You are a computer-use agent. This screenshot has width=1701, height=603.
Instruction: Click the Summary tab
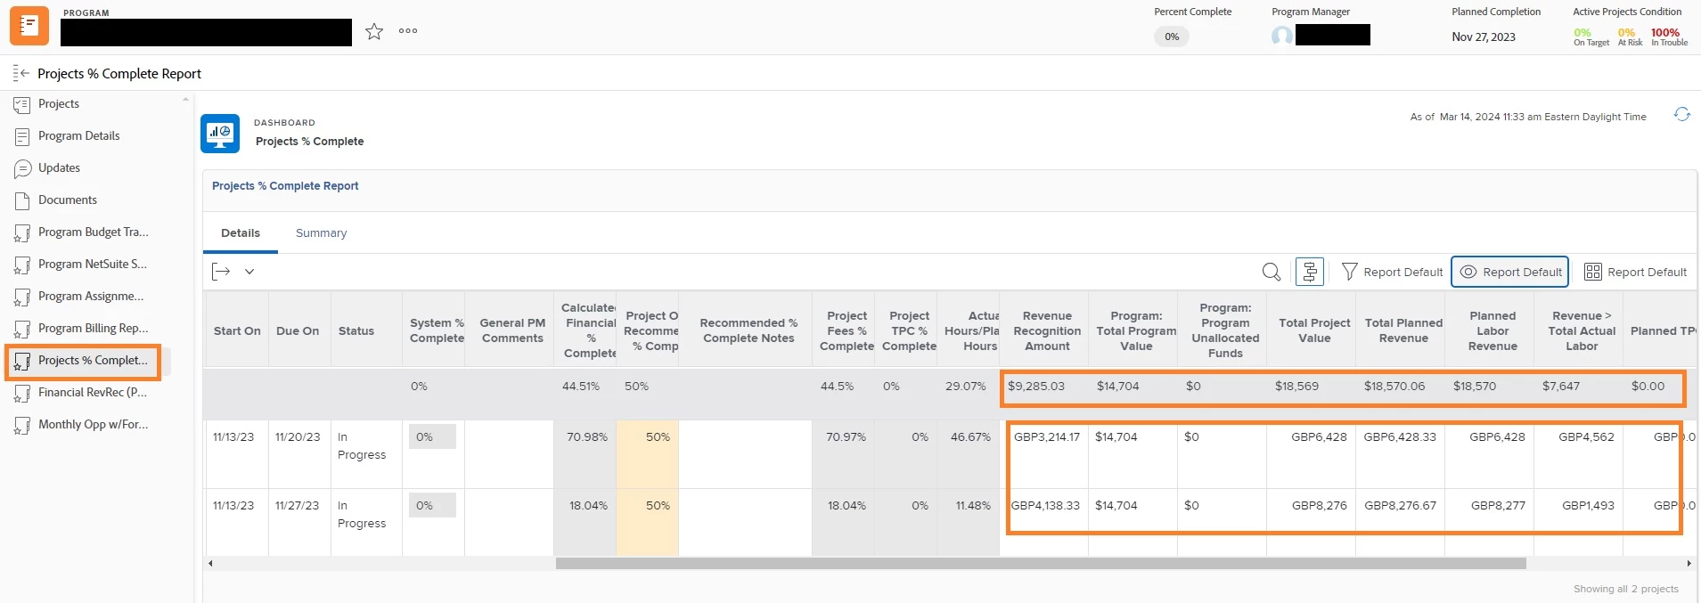point(321,233)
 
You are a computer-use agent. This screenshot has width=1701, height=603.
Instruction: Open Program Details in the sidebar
point(78,136)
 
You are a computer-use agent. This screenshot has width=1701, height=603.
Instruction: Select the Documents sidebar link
point(67,200)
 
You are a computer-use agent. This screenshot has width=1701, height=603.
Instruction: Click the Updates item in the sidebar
point(59,168)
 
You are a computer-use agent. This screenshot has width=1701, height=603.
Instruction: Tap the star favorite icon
point(374,32)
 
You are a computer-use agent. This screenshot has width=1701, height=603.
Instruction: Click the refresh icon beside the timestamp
point(1681,115)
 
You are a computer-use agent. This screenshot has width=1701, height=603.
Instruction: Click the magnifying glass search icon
point(1271,273)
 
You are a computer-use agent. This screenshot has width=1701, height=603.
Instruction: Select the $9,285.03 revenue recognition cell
point(1035,387)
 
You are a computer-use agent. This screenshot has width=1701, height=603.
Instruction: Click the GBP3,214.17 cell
point(1046,437)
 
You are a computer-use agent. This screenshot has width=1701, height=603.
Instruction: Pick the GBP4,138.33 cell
point(1045,506)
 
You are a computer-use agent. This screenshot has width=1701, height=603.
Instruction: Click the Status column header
point(356,331)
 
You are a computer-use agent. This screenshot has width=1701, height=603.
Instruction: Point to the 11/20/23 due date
point(297,437)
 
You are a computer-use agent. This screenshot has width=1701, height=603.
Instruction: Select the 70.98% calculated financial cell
point(586,437)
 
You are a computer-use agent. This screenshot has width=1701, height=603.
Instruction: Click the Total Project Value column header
point(1313,330)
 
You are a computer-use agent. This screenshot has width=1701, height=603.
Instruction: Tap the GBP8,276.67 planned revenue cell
point(1400,506)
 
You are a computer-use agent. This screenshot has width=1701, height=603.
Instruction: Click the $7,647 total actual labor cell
point(1560,387)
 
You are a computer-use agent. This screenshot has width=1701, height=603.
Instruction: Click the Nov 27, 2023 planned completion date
point(1483,37)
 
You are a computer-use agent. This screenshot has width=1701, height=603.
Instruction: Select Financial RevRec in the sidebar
point(92,393)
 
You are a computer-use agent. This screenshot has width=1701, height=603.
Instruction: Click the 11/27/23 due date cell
point(297,506)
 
